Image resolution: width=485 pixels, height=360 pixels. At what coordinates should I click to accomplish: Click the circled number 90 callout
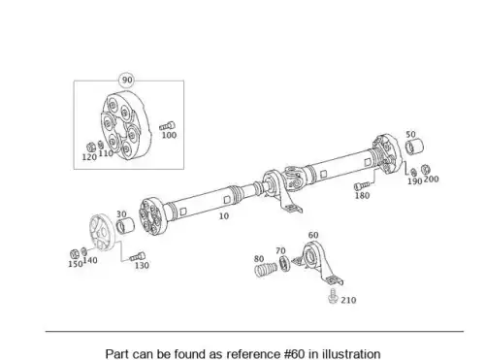click(x=127, y=80)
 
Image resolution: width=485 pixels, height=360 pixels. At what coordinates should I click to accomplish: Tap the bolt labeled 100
click(x=168, y=126)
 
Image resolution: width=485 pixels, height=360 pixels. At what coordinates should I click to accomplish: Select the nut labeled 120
click(x=91, y=147)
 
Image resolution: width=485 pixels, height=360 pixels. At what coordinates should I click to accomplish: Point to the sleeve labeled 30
click(x=125, y=225)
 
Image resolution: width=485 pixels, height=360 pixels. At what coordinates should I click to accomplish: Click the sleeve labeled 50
click(x=414, y=147)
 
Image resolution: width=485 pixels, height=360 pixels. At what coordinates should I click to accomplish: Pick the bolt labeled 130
click(x=137, y=257)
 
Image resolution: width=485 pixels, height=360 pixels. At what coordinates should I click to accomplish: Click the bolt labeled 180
click(x=362, y=185)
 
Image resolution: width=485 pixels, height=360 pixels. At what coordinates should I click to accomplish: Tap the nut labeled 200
click(x=426, y=169)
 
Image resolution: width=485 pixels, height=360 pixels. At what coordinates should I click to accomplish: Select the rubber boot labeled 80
click(x=266, y=270)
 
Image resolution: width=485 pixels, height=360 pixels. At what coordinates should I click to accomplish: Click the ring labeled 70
click(x=284, y=263)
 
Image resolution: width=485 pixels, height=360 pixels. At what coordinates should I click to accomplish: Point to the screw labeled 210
click(x=333, y=296)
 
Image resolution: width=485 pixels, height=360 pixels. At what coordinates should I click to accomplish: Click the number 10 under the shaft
click(x=224, y=216)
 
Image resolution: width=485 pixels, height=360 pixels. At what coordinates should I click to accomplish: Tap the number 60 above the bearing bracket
click(x=313, y=235)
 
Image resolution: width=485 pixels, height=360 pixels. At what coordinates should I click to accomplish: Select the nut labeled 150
click(x=75, y=254)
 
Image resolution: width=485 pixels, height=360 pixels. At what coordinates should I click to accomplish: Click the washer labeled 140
click(x=83, y=251)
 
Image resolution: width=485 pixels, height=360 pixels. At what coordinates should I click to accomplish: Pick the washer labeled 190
click(x=413, y=173)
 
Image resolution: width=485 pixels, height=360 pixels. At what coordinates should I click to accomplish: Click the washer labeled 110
click(x=101, y=145)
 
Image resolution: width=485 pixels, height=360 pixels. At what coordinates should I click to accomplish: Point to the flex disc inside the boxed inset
click(x=123, y=124)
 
